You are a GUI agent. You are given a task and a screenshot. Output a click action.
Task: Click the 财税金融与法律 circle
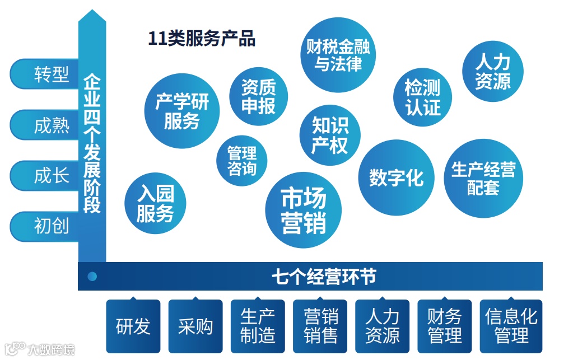point(338,55)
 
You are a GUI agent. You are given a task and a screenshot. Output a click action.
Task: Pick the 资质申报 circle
point(259,97)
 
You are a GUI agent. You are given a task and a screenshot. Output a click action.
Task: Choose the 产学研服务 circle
point(182,111)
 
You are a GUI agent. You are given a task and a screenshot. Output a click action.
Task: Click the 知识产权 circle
point(330,136)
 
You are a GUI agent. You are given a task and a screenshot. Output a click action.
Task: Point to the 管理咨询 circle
point(242,161)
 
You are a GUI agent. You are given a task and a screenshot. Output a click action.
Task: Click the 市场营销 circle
point(304,211)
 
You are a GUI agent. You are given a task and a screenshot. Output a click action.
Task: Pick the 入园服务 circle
point(155,204)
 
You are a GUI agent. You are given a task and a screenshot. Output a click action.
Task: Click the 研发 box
point(133,326)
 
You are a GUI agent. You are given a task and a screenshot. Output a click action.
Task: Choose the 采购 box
point(195,326)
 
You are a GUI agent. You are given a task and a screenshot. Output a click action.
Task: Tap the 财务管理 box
point(444,326)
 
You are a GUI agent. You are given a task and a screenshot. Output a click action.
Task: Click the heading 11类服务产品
point(201,39)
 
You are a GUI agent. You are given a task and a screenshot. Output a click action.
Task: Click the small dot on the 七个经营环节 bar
point(92,276)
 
